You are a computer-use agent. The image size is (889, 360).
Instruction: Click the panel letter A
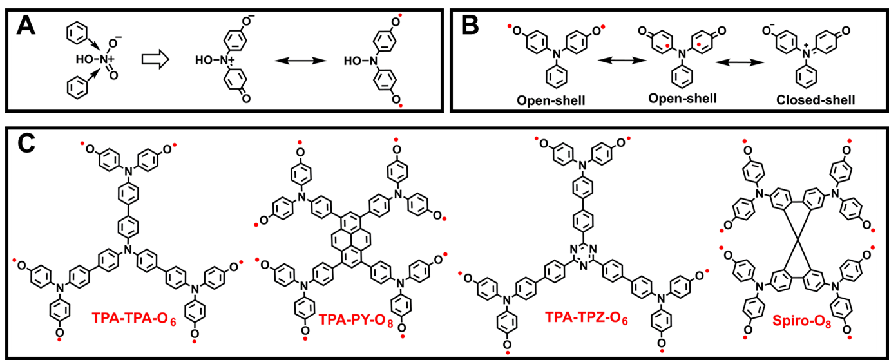(24, 27)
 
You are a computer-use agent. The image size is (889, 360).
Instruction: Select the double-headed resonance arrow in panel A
(298, 61)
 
